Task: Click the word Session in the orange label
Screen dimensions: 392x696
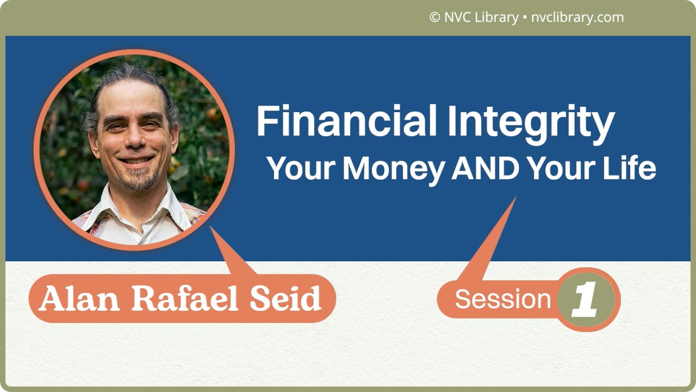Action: (503, 299)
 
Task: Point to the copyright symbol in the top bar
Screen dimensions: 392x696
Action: (434, 17)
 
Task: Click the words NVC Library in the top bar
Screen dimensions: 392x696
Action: (481, 17)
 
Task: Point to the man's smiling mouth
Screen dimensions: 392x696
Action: (135, 161)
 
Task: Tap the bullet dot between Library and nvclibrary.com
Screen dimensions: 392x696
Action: (524, 18)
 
